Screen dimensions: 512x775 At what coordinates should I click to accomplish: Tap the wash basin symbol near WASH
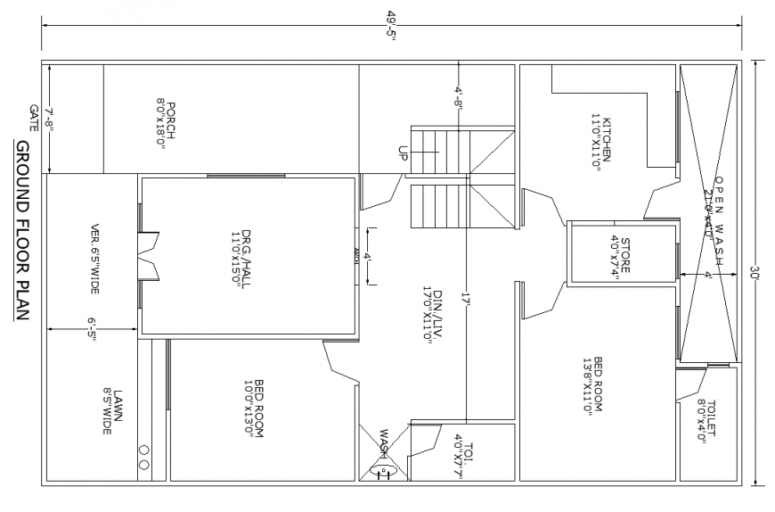(x=384, y=466)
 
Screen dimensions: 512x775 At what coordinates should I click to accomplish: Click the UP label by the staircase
(x=403, y=153)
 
